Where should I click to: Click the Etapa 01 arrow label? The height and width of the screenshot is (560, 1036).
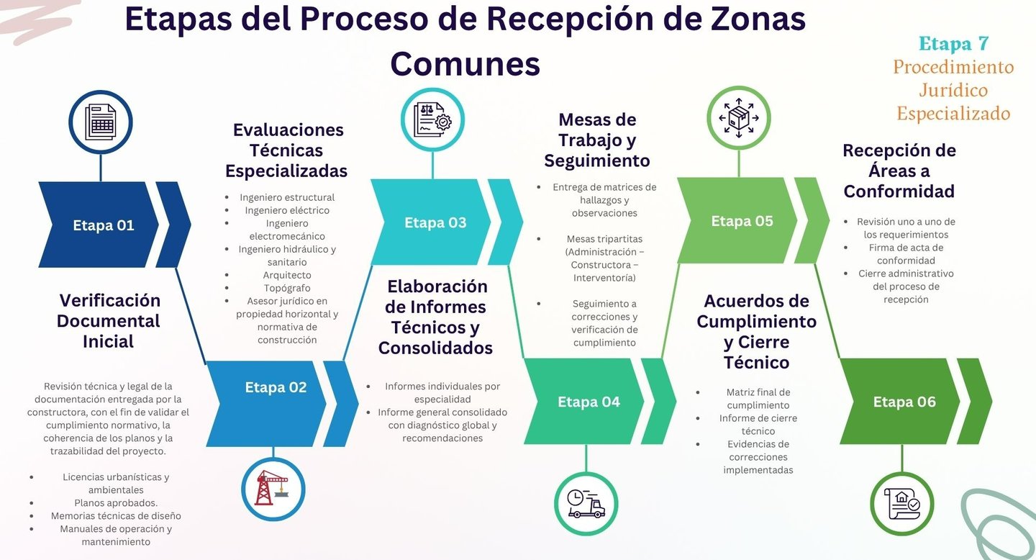[104, 225]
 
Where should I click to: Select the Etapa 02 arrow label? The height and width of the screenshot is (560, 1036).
[276, 387]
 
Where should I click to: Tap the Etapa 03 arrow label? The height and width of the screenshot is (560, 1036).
[435, 222]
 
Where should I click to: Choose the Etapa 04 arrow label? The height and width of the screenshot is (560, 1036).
[589, 402]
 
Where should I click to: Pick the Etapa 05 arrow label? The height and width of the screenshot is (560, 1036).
[742, 221]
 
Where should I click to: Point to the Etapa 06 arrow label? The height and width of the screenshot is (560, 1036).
[904, 402]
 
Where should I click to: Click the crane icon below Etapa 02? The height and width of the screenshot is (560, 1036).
[273, 489]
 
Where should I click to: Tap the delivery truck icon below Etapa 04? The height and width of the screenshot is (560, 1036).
[586, 503]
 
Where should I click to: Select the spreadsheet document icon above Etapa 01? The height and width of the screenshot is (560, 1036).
[101, 122]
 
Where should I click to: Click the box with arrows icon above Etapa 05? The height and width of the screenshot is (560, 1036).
[738, 117]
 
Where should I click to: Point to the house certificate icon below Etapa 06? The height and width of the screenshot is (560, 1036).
[902, 503]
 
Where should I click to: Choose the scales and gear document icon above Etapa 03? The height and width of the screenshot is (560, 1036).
[432, 119]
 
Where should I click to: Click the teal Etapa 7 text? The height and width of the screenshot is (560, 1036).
[953, 44]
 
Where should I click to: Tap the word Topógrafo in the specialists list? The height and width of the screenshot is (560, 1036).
[287, 288]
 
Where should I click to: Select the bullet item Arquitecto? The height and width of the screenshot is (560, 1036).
[287, 275]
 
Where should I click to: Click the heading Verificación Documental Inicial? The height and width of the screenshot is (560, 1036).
[109, 320]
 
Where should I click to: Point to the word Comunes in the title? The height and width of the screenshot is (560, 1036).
[465, 63]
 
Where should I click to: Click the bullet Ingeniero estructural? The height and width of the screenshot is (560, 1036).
[287, 197]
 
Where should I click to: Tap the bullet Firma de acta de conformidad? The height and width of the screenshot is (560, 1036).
[906, 254]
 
